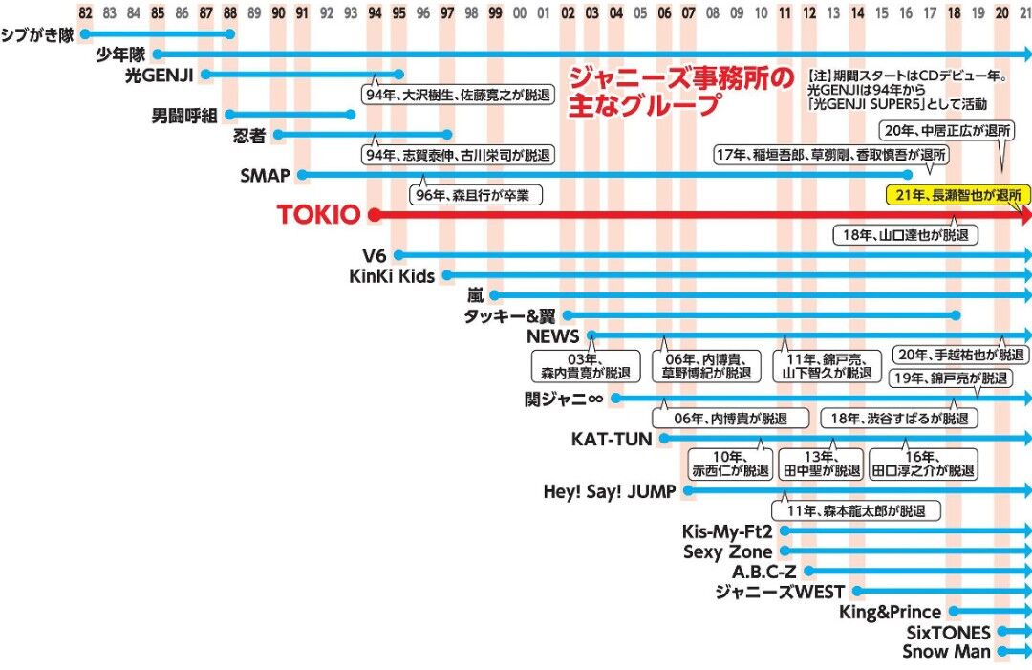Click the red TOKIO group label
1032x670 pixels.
tap(318, 216)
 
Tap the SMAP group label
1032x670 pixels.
tap(265, 176)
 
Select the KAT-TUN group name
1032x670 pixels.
tap(611, 440)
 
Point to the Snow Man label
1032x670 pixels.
tap(946, 652)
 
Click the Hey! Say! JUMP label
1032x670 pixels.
tap(609, 491)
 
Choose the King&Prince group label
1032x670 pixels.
tap(890, 612)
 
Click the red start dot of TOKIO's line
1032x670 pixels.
tap(375, 216)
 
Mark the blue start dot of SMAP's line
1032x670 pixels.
tap(302, 175)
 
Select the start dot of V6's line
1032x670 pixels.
tap(398, 255)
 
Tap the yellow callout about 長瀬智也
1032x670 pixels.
tap(958, 195)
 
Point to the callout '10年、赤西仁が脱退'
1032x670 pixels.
tap(729, 464)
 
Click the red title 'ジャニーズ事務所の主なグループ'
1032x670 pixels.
tap(679, 92)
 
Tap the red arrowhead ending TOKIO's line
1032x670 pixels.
tap(1025, 216)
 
